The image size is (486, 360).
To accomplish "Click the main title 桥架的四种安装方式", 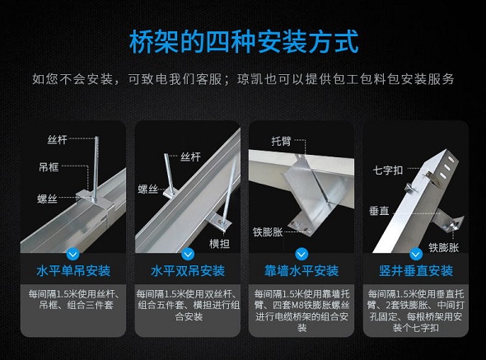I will pyautogui.click(x=243, y=42).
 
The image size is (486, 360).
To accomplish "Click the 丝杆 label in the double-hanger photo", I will pyautogui.click(x=190, y=156).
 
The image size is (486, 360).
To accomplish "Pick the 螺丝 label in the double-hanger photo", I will pyautogui.click(x=148, y=189).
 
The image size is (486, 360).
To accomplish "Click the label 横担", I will pyautogui.click(x=219, y=243).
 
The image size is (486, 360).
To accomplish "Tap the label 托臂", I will pyautogui.click(x=282, y=141).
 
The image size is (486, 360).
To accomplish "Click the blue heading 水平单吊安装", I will pyautogui.click(x=72, y=270).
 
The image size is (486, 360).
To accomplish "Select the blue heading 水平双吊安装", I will pyautogui.click(x=187, y=270).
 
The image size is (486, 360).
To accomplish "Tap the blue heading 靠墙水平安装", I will pyautogui.click(x=301, y=270).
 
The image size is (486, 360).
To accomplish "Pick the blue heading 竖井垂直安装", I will pyautogui.click(x=416, y=270).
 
